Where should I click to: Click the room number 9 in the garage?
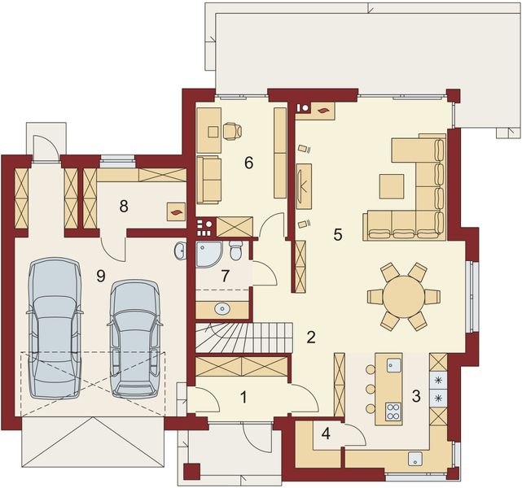[x=100, y=276]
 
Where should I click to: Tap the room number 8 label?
[x=123, y=205]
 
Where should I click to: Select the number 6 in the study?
[x=248, y=162]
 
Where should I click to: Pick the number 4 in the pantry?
[x=326, y=434]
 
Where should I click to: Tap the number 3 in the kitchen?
[x=415, y=396]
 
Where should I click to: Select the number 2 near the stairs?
[x=311, y=335]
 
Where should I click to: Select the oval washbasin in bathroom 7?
[x=222, y=309]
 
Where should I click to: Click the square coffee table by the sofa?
[x=391, y=186]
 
